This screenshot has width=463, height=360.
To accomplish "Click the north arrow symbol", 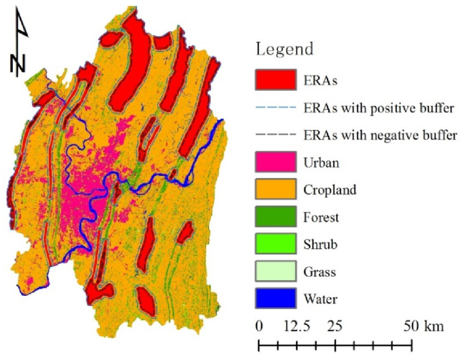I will [20, 42].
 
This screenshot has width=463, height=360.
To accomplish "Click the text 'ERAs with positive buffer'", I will [378, 108].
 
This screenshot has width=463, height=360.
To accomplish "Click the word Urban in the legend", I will [320, 162].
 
